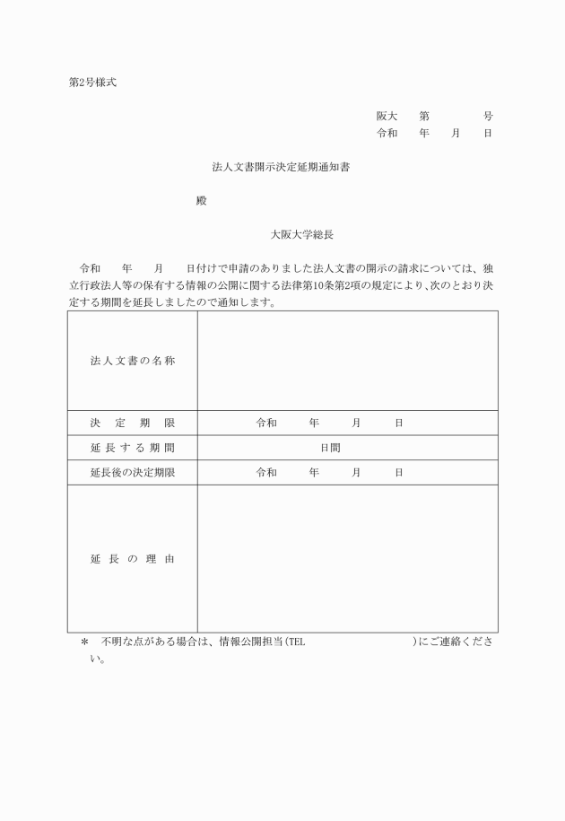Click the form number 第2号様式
click(x=92, y=83)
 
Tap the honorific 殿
click(x=202, y=201)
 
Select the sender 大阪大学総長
click(x=302, y=235)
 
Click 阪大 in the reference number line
click(x=387, y=117)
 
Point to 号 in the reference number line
click(x=488, y=117)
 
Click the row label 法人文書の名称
click(x=132, y=361)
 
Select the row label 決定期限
click(x=132, y=423)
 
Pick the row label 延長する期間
click(x=132, y=448)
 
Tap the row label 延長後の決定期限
click(x=132, y=473)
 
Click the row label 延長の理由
click(x=132, y=559)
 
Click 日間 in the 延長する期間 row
click(x=331, y=448)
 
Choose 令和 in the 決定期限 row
click(x=266, y=423)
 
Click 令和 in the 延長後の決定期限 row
click(x=266, y=473)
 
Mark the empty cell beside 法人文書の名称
click(x=347, y=361)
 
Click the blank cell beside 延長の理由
click(x=347, y=559)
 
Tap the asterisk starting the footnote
click(x=84, y=642)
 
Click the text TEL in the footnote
click(x=297, y=642)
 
